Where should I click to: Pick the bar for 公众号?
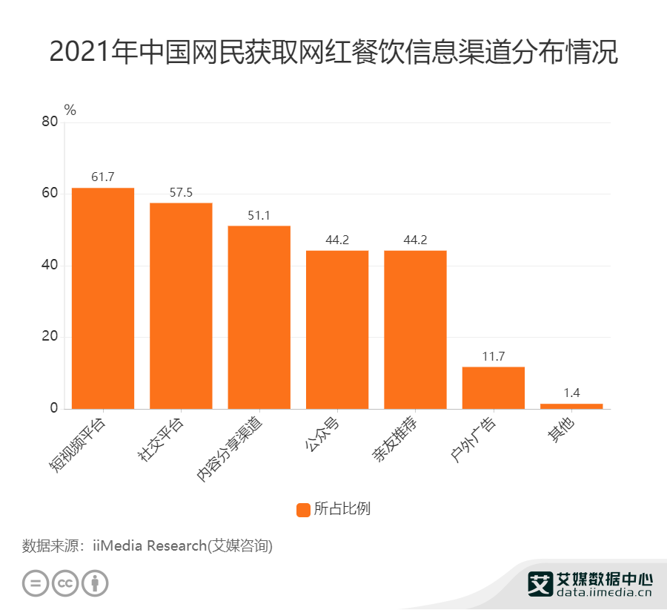click(x=337, y=329)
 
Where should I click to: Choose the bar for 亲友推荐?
click(x=415, y=329)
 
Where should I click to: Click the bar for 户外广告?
click(x=493, y=387)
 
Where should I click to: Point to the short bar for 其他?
click(x=571, y=406)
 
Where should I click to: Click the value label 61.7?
click(x=103, y=177)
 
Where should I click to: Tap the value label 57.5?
click(x=181, y=192)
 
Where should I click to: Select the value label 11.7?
click(x=493, y=356)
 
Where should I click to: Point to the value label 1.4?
click(x=571, y=393)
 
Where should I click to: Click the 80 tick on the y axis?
click(x=50, y=122)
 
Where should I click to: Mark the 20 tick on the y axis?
click(x=50, y=337)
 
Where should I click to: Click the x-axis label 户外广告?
click(x=478, y=440)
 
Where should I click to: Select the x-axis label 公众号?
click(x=322, y=436)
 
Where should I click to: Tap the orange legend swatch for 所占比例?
click(x=303, y=509)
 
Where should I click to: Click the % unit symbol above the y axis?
click(x=70, y=110)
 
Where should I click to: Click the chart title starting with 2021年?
click(x=333, y=54)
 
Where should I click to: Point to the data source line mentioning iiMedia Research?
click(x=147, y=546)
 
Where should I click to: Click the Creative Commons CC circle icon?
click(x=65, y=583)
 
